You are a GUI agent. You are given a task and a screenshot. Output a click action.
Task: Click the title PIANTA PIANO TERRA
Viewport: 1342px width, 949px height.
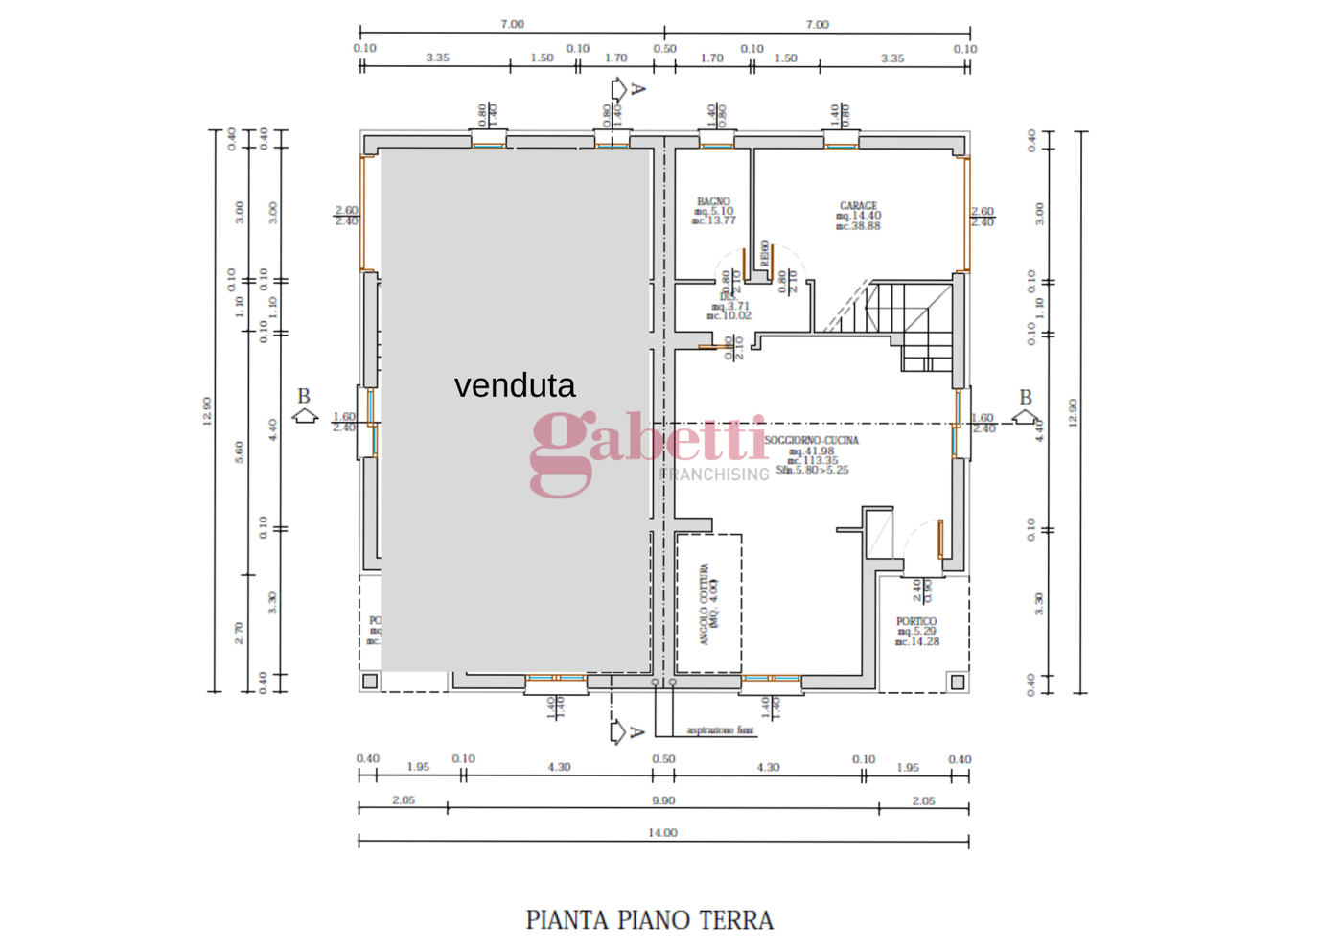click(649, 920)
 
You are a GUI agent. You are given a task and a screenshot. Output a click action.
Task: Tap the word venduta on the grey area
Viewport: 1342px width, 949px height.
click(515, 385)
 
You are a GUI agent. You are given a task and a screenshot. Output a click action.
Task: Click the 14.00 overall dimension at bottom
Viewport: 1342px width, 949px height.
click(662, 833)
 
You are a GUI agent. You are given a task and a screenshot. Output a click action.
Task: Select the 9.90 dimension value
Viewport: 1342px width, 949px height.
click(662, 800)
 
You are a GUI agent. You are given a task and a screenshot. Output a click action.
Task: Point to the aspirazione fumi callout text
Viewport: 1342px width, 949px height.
click(720, 730)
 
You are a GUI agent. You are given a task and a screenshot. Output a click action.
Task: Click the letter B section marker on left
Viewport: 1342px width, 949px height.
click(304, 396)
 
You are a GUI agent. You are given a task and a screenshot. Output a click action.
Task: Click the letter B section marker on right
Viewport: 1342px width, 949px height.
click(1026, 397)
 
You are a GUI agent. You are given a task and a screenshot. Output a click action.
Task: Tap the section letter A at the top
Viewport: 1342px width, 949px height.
click(637, 89)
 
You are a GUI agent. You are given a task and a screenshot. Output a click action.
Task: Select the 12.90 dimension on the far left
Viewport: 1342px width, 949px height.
click(207, 411)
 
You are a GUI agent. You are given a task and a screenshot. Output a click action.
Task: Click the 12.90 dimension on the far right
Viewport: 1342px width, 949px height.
click(1073, 412)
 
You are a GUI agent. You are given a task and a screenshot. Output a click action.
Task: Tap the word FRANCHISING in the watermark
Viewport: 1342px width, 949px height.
click(714, 474)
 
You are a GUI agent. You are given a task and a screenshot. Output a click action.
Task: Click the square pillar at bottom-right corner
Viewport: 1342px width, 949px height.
click(957, 682)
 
